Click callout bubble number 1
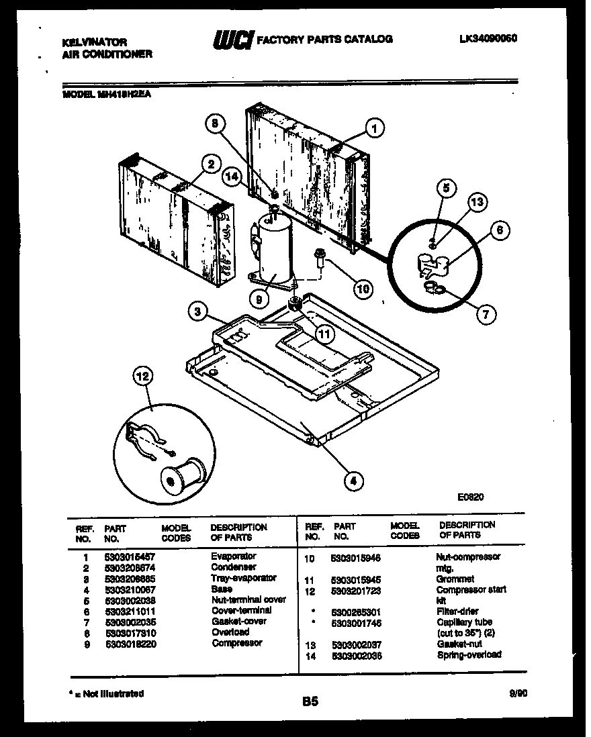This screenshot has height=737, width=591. click(375, 128)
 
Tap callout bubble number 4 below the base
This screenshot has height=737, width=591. click(353, 480)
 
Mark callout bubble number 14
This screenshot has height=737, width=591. click(232, 177)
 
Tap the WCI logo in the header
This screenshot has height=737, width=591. click(231, 40)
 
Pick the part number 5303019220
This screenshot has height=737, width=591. click(128, 643)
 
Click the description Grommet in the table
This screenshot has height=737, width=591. click(455, 579)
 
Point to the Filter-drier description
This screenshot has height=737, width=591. click(459, 611)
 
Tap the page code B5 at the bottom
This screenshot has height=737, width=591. click(310, 702)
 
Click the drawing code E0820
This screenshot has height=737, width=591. click(471, 498)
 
